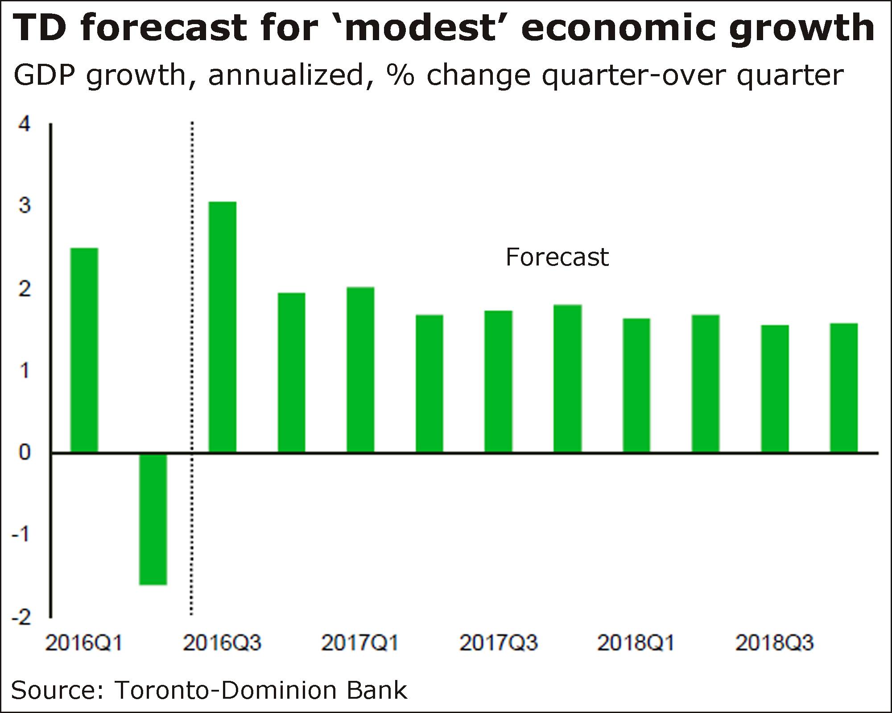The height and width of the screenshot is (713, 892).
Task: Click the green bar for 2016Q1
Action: (x=84, y=350)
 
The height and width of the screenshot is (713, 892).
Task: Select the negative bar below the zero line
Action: (x=153, y=519)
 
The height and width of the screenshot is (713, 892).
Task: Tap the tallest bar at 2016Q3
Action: (x=223, y=327)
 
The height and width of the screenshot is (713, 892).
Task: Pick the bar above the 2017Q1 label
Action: (x=360, y=370)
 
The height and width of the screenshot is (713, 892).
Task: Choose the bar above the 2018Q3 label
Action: (x=775, y=389)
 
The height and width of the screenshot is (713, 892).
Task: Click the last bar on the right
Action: (x=843, y=388)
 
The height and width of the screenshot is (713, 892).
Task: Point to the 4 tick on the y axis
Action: (x=25, y=124)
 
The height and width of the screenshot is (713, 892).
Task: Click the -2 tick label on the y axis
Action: (x=21, y=618)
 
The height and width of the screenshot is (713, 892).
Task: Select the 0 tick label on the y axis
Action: (x=25, y=452)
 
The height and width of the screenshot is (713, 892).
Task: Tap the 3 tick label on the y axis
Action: (x=25, y=206)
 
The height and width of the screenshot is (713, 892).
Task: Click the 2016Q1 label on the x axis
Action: (x=83, y=643)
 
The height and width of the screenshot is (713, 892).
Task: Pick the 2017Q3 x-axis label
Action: (x=498, y=643)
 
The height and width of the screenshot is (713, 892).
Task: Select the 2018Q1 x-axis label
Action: (x=636, y=643)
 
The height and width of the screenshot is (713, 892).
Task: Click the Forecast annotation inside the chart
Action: (x=557, y=257)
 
